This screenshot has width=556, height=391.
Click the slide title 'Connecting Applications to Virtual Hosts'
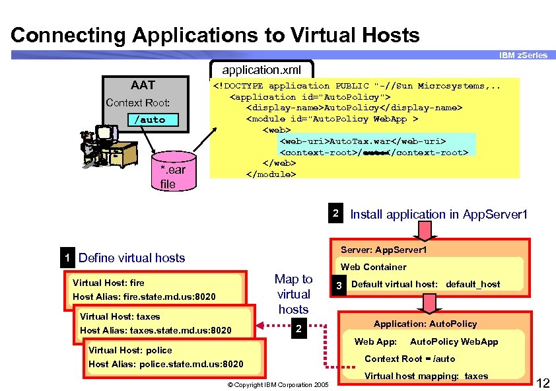215,35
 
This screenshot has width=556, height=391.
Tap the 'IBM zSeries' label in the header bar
522,55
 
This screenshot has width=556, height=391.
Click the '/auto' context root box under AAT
150,120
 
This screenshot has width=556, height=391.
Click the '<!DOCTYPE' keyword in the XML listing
238,86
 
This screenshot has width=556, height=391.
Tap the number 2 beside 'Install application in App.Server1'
335,213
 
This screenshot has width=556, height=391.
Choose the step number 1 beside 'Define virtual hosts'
67,258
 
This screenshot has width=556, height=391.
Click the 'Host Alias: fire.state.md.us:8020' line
144,297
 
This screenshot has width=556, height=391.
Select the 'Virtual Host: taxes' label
120,316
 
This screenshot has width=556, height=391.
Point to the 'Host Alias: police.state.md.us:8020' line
165,364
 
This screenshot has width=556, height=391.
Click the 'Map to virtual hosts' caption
293,294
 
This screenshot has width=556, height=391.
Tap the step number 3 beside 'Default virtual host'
338,285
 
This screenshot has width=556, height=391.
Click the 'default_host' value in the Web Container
473,285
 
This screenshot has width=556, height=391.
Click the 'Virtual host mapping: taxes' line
426,376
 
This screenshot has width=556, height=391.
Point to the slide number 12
544,382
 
